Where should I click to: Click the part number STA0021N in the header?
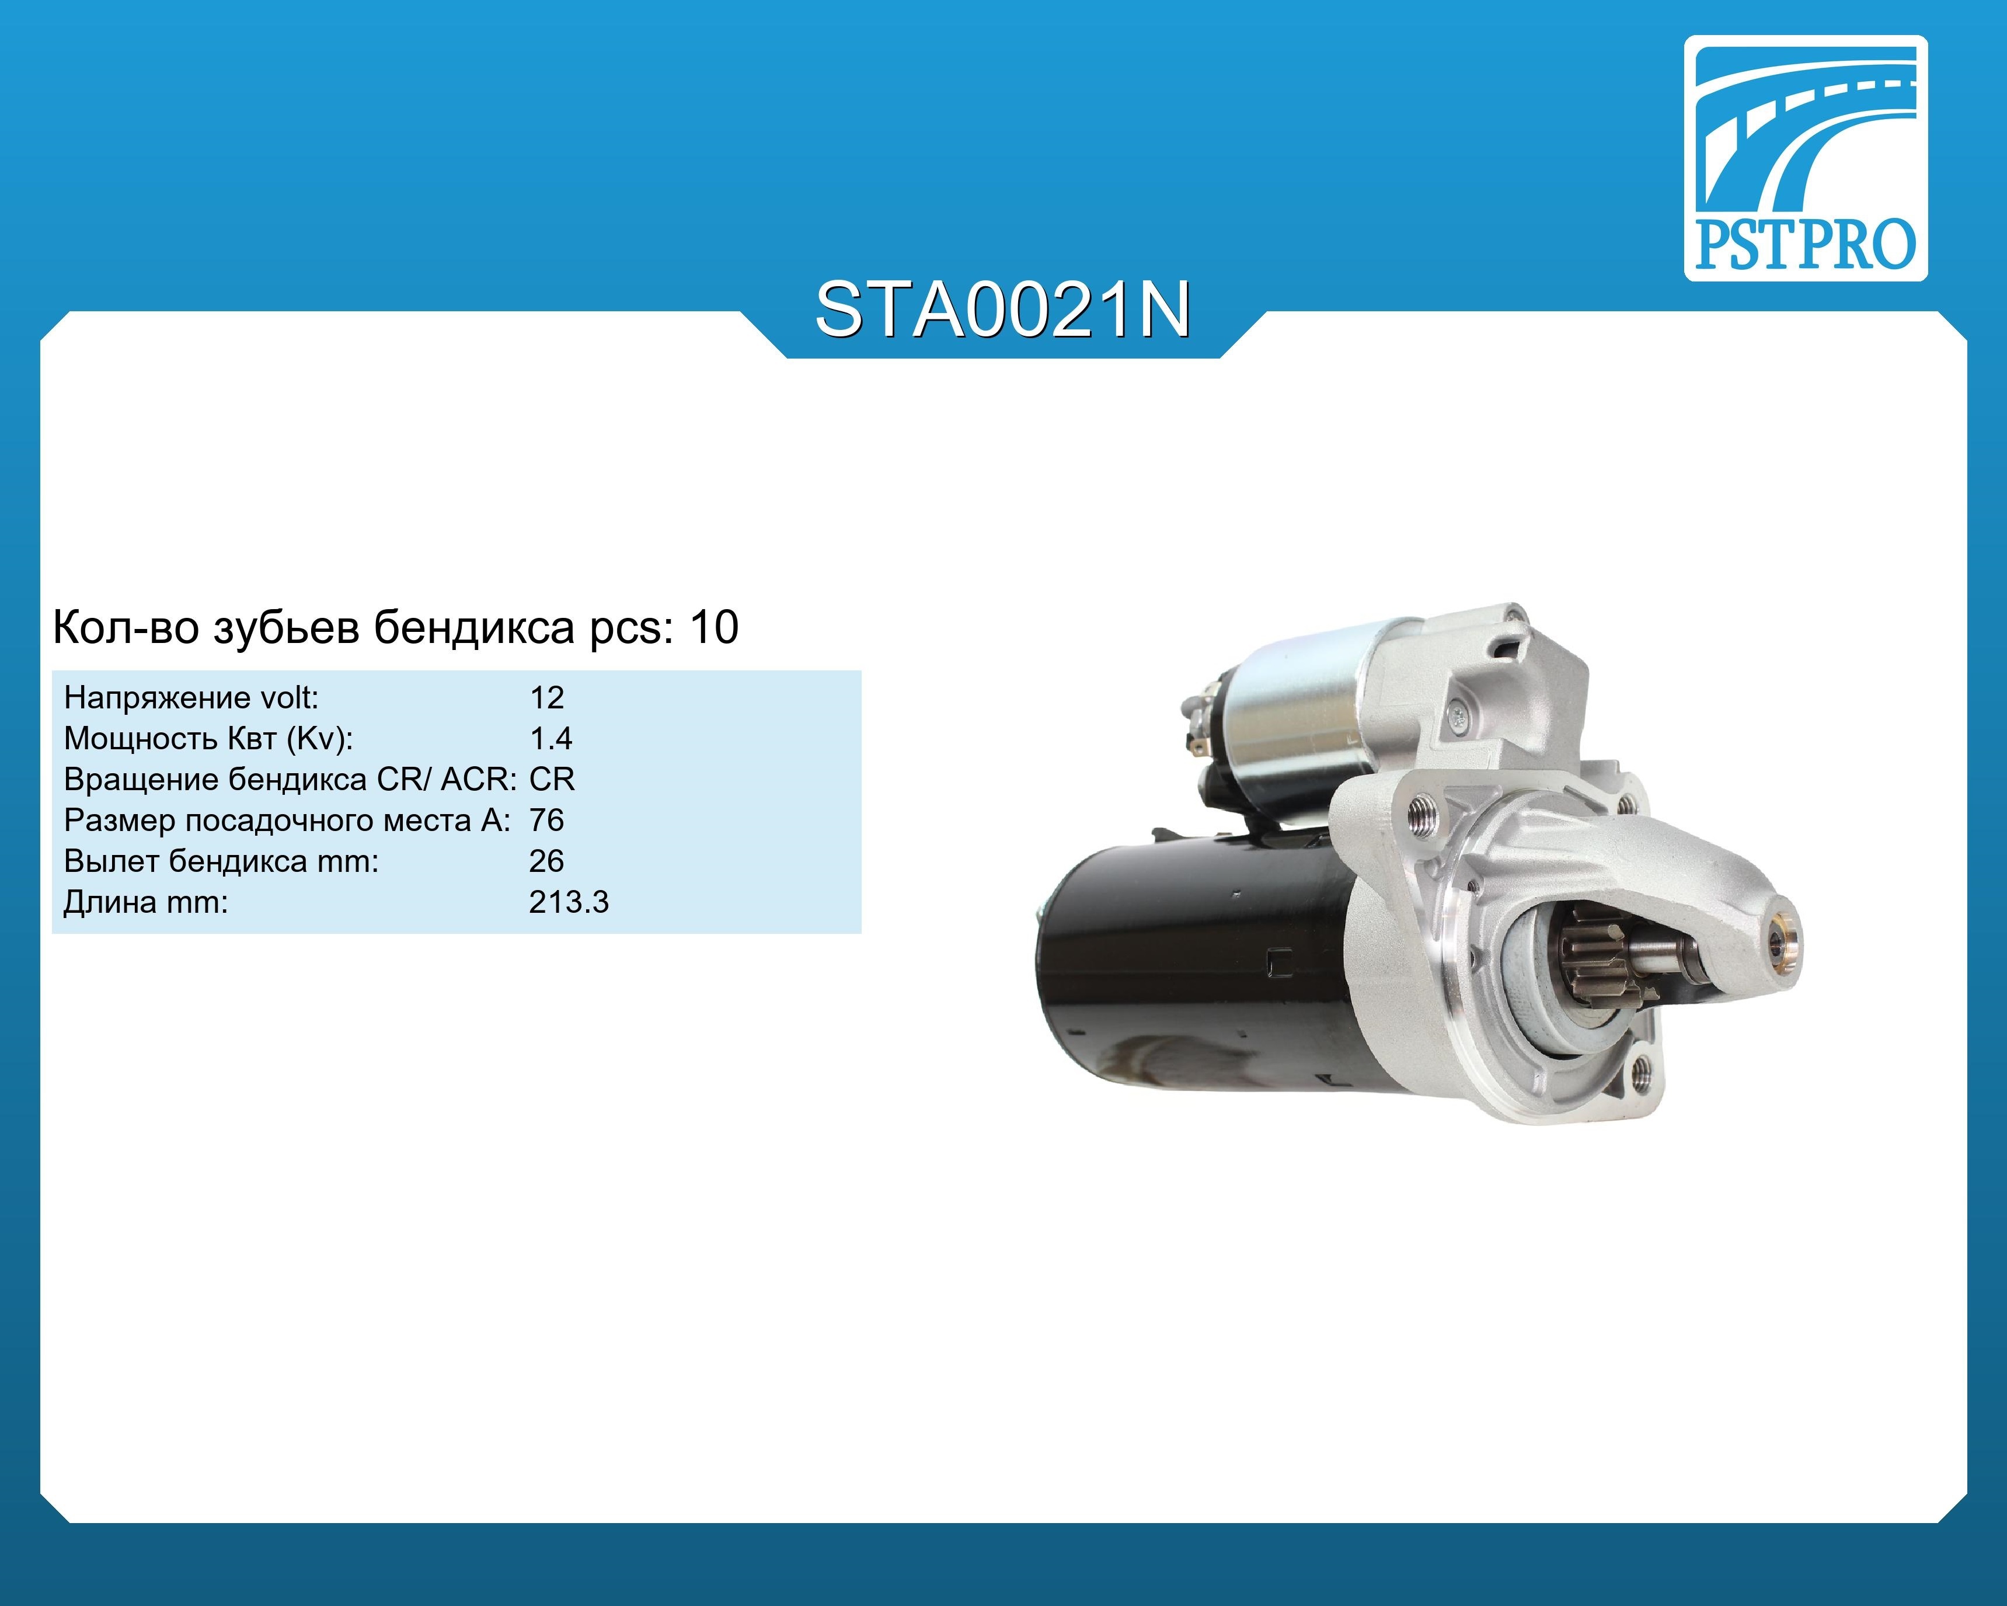1002,310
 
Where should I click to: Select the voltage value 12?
546,697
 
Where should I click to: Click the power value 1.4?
550,738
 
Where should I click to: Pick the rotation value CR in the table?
552,779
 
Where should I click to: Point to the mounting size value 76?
546,820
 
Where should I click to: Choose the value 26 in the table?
546,861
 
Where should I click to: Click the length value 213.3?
569,902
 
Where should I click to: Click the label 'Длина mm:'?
145,902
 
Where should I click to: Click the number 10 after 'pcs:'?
714,627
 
